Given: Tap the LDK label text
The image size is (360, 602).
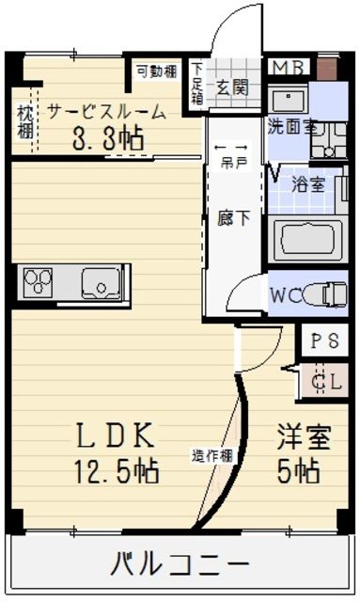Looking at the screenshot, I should tap(115, 436).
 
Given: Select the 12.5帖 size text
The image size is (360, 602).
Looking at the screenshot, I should tap(115, 467).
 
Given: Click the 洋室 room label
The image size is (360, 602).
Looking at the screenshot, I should tap(303, 436).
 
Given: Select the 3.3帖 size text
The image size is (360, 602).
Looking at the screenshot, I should tap(108, 138).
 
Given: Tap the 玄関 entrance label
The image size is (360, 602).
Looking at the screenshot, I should tap(232, 87).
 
